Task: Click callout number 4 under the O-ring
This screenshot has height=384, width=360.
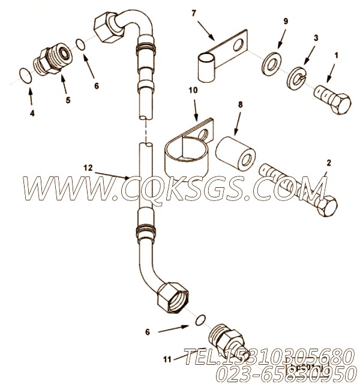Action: coord(32,112)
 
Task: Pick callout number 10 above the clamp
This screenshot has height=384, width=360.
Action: coord(192,91)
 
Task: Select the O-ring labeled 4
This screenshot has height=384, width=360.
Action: coord(23,76)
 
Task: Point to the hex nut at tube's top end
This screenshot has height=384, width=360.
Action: coord(109,28)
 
